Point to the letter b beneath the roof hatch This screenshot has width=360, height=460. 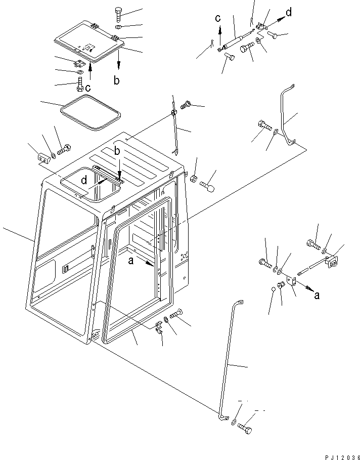click(117, 80)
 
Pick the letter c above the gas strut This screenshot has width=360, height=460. click(218, 19)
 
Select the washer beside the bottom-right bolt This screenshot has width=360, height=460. click(234, 422)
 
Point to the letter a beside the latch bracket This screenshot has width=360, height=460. click(317, 296)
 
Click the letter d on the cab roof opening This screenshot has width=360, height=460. click(84, 180)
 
